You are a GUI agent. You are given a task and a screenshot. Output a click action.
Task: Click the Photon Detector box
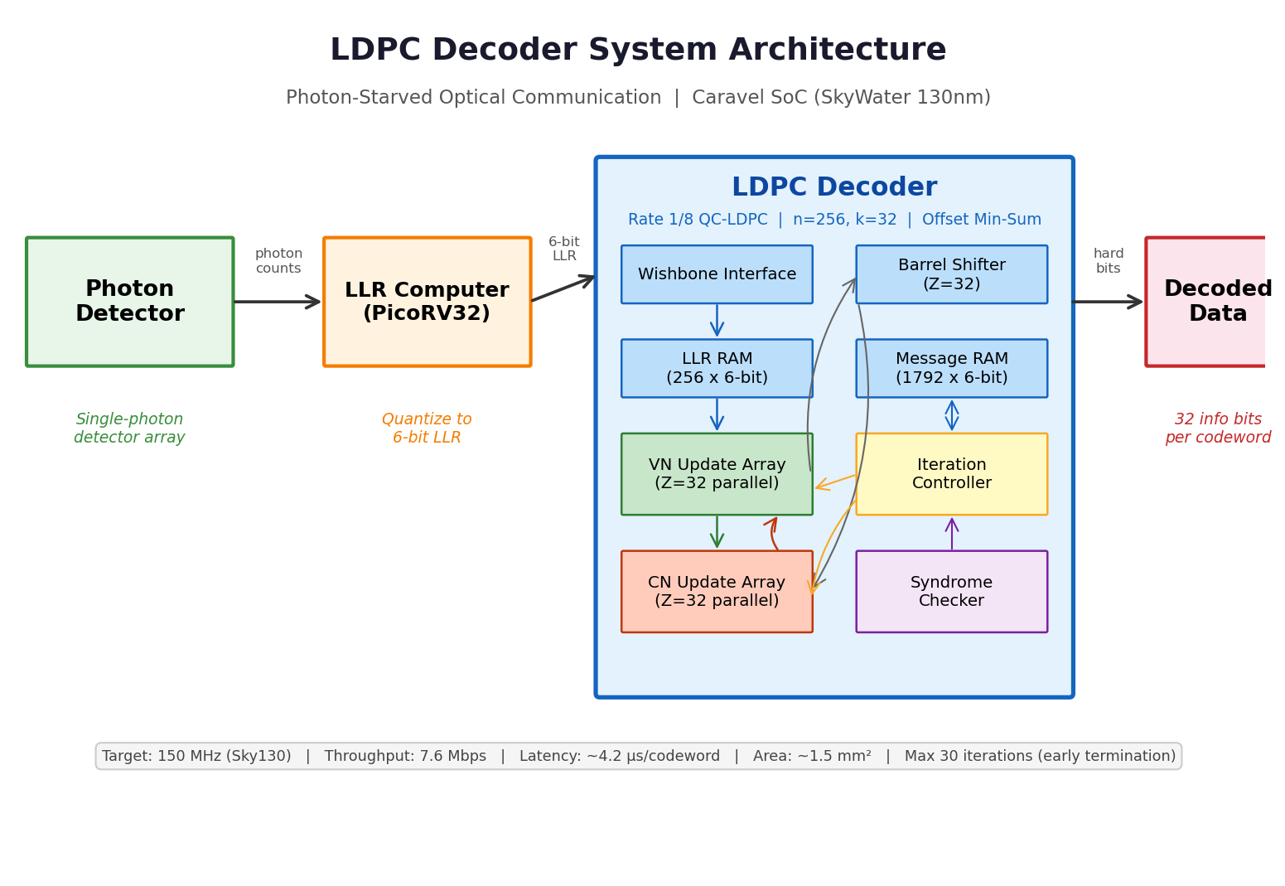(x=129, y=302)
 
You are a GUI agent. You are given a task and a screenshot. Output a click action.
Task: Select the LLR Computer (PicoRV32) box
(x=427, y=302)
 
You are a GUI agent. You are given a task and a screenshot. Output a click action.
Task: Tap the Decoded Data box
(x=1210, y=302)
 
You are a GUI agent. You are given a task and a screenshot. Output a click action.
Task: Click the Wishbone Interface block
(x=717, y=274)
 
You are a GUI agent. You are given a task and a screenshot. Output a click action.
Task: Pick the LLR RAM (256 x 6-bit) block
(x=717, y=368)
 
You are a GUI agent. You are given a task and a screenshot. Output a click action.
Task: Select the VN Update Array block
(x=717, y=474)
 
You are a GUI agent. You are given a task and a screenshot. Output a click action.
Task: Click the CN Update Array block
(x=717, y=592)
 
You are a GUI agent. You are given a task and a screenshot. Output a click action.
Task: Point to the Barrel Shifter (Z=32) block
(x=951, y=274)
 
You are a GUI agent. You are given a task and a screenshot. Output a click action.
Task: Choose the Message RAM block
(x=951, y=368)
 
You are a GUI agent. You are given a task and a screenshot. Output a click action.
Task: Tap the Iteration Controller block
(x=951, y=474)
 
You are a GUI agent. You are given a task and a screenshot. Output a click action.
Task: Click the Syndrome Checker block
(x=951, y=592)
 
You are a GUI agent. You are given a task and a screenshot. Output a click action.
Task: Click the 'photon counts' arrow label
(x=278, y=261)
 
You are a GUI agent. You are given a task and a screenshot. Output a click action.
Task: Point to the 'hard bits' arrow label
(x=1108, y=261)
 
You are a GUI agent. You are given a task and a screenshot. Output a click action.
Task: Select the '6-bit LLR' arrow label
(x=564, y=249)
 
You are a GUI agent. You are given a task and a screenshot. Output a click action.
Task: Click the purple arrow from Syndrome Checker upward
(x=952, y=534)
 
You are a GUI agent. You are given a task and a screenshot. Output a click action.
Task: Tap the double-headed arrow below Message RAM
(x=952, y=415)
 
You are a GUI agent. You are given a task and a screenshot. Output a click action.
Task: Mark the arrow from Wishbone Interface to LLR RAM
(x=717, y=321)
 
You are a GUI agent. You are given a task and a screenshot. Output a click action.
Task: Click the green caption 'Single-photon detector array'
(x=129, y=428)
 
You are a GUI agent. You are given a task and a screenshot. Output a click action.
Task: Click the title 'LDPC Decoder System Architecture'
(x=638, y=51)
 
